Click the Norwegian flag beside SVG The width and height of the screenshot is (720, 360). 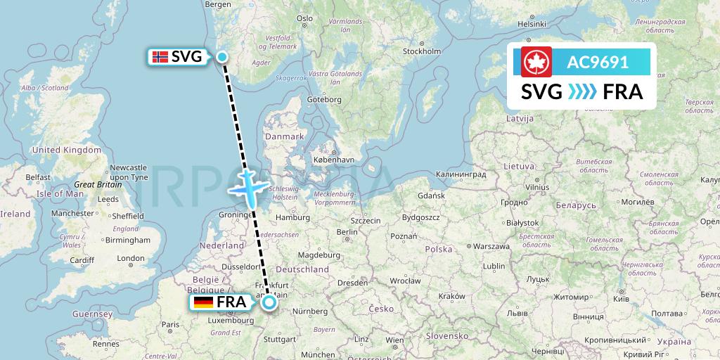pos(160,57)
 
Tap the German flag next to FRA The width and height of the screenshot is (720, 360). pos(204,303)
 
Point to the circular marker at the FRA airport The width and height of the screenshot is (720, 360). pos(269,303)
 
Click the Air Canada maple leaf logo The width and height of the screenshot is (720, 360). pos(536,63)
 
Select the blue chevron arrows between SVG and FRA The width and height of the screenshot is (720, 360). pos(581,91)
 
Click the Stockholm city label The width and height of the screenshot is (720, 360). pos(422,51)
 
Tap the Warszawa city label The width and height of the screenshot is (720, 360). pos(491,247)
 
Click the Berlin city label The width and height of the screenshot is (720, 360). pos(347,232)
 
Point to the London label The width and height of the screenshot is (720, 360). pos(130,258)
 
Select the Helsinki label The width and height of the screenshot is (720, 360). pos(532,24)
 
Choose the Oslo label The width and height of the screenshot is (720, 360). pos(304,18)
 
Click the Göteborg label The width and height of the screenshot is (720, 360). pos(324,100)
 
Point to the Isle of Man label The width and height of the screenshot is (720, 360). pos(60,193)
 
